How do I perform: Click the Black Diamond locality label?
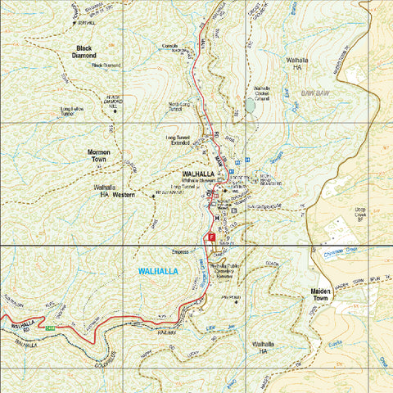click(x=84, y=52)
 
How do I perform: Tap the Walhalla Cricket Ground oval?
click(x=250, y=106)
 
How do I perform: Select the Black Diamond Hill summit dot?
click(x=115, y=111)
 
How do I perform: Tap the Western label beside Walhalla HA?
click(x=123, y=195)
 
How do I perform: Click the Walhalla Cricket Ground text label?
click(x=262, y=92)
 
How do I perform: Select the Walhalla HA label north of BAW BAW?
click(x=296, y=65)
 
